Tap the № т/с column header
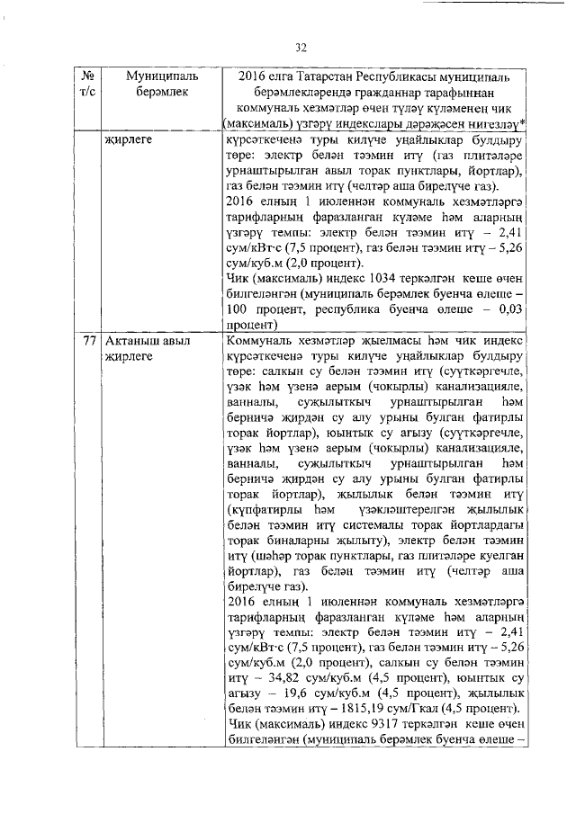(x=88, y=86)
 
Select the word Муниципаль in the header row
(x=156, y=77)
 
